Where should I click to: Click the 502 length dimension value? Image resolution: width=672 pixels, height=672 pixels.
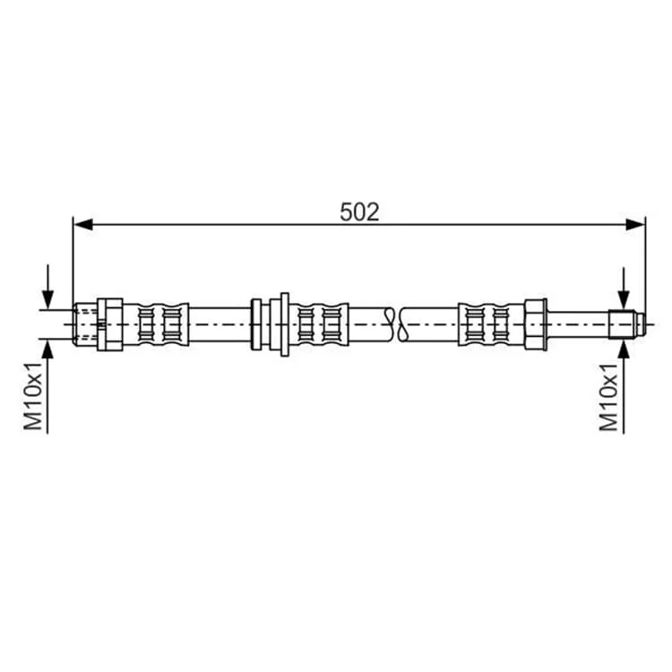click(x=359, y=212)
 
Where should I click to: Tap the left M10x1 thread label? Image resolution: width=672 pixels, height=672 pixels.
click(x=33, y=396)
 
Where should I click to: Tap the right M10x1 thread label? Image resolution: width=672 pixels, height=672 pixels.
click(x=608, y=397)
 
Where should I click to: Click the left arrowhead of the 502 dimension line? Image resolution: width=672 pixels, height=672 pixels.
click(x=83, y=224)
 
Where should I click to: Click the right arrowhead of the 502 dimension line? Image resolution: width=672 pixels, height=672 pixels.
click(x=635, y=224)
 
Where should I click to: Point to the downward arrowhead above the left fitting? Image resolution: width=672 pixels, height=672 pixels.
click(x=48, y=299)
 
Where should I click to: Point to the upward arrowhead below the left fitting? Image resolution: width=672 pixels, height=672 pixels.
click(x=48, y=349)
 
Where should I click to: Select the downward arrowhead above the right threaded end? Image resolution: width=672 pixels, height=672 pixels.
click(x=624, y=299)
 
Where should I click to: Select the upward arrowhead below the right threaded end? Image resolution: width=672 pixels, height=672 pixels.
click(x=624, y=349)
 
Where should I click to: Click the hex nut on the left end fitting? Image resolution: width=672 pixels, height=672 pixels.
click(x=109, y=324)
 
